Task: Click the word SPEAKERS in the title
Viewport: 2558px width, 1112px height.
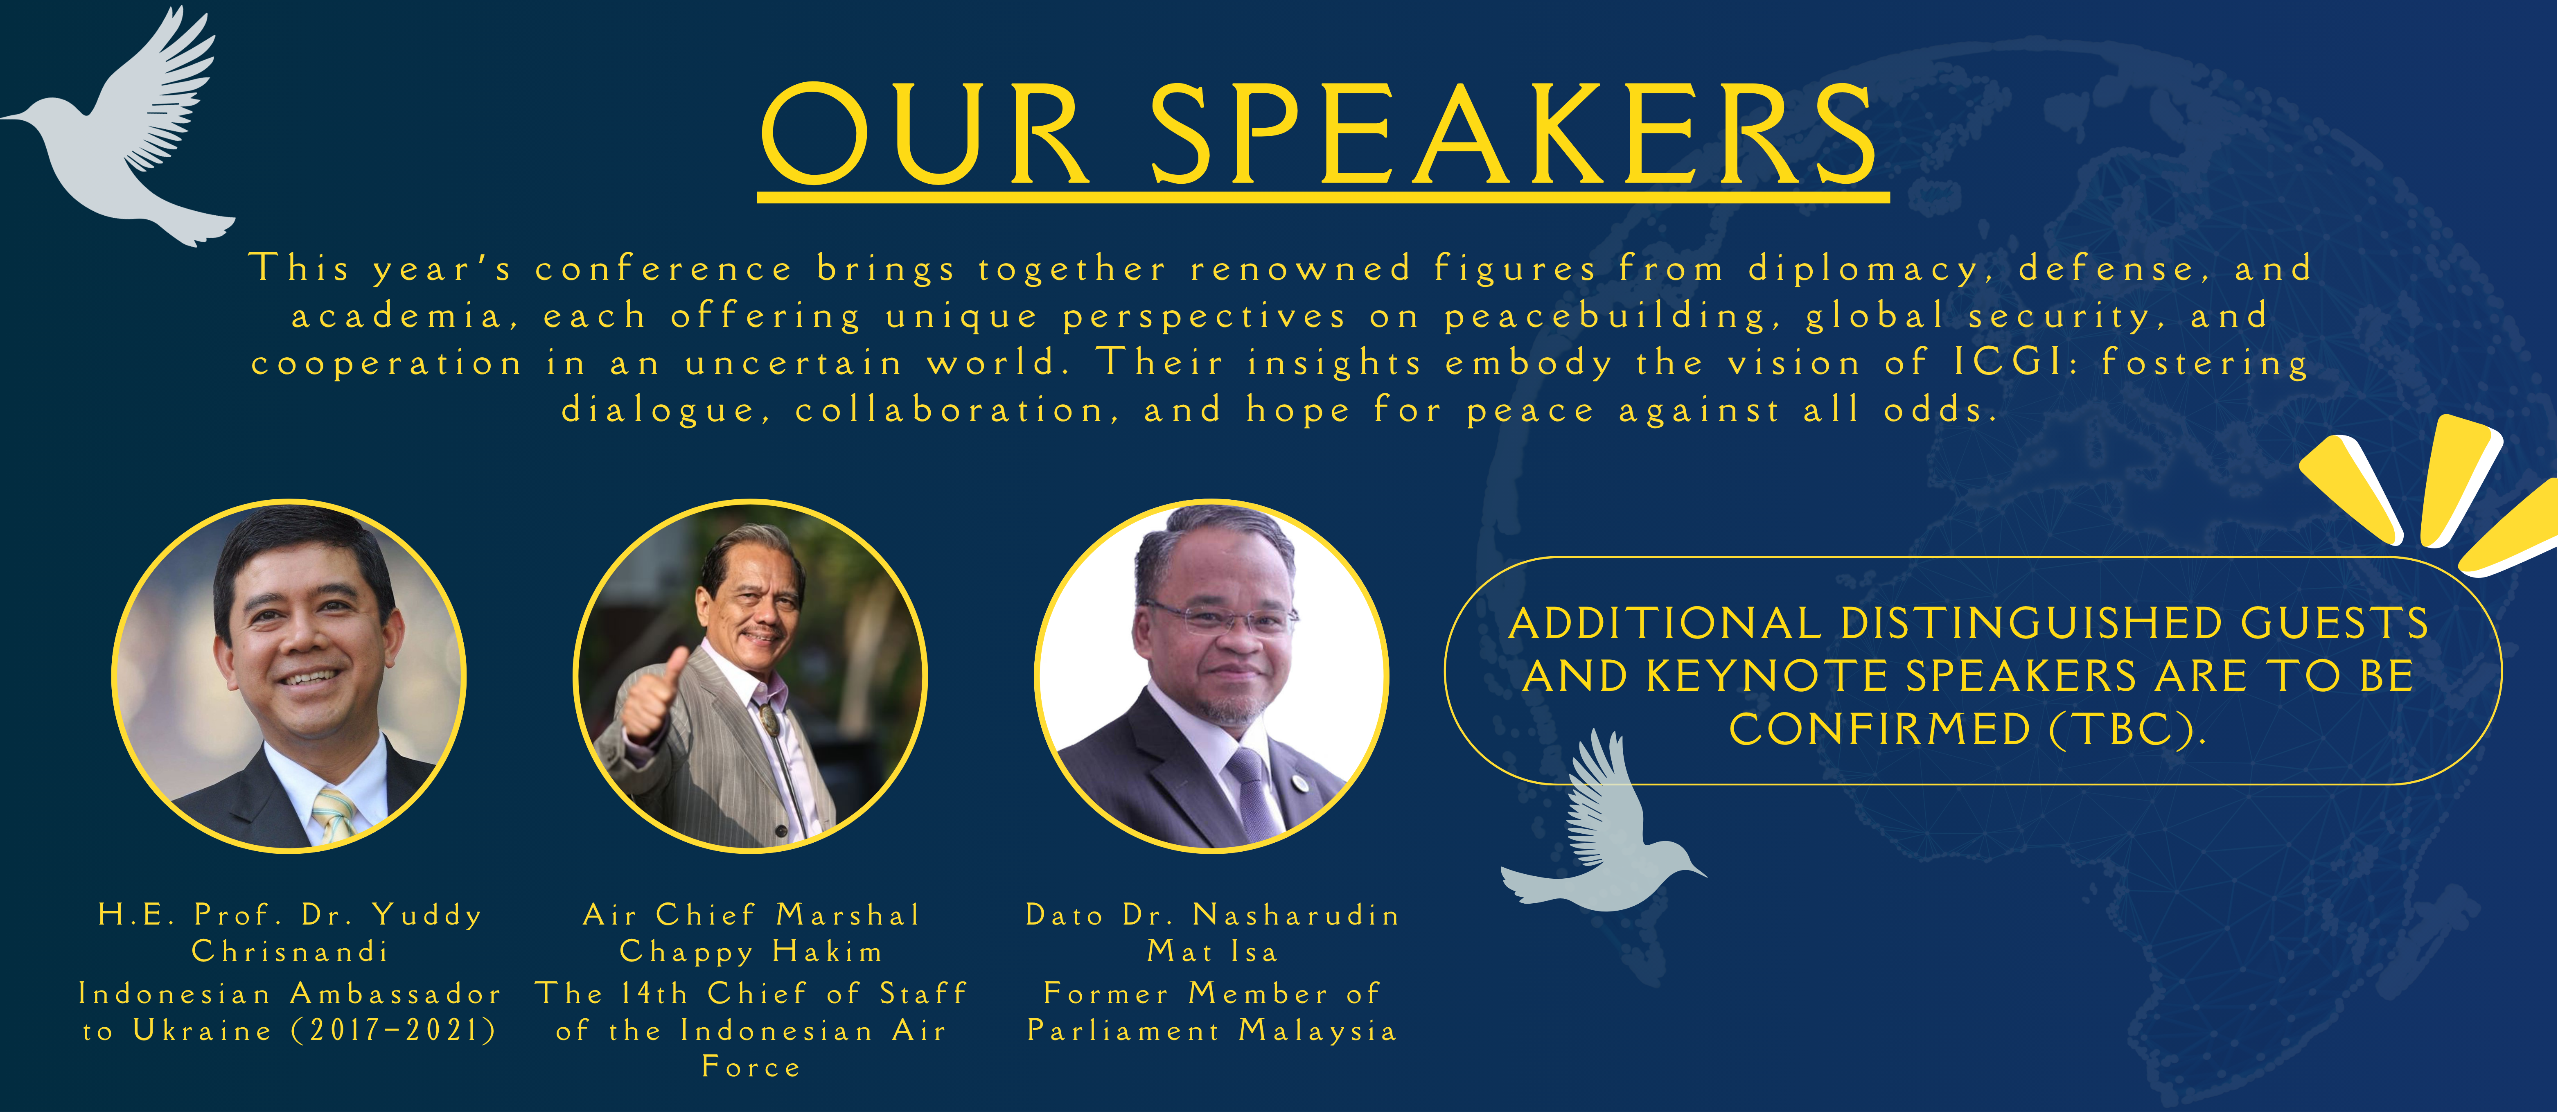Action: (1511, 134)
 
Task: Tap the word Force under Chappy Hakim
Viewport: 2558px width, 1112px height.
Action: (751, 1067)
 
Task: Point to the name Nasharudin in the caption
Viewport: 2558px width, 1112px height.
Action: (1296, 914)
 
